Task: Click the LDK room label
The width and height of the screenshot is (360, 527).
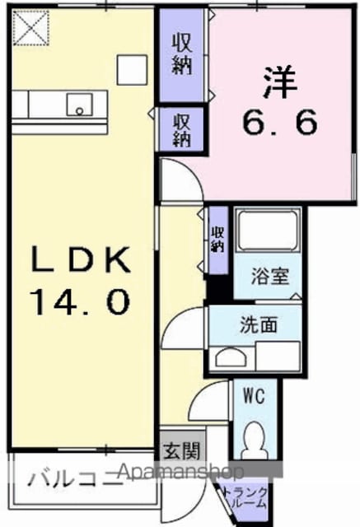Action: click(x=81, y=259)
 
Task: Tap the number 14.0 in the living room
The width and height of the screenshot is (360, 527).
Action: click(x=80, y=302)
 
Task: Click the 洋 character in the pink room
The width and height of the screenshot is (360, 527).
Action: click(x=281, y=82)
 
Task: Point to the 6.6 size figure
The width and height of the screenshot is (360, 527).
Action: click(x=279, y=122)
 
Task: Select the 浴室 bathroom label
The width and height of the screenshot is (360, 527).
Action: click(x=270, y=277)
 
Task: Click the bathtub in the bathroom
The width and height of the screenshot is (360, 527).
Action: click(x=267, y=231)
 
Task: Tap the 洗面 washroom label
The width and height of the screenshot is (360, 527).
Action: click(x=259, y=324)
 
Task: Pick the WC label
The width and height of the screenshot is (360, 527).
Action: click(x=255, y=396)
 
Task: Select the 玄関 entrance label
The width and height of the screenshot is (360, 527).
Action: click(x=182, y=450)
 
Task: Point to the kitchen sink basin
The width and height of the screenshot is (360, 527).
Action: click(x=80, y=105)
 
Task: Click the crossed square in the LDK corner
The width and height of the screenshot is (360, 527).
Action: click(x=31, y=27)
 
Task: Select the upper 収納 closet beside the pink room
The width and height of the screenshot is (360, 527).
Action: click(x=182, y=55)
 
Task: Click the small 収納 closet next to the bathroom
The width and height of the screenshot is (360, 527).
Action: click(x=217, y=240)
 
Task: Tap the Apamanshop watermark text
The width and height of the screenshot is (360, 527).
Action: click(x=181, y=472)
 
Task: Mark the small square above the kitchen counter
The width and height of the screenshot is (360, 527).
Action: click(x=132, y=69)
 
